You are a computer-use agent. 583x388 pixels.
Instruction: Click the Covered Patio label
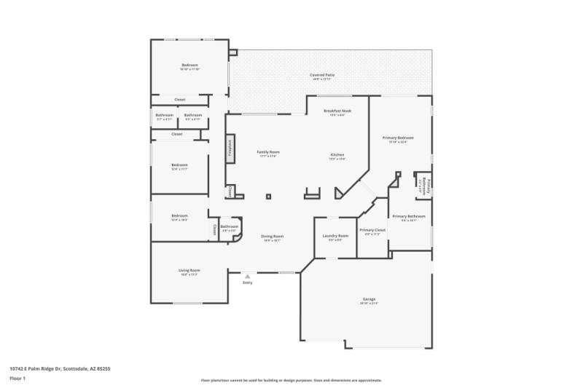coord(321,75)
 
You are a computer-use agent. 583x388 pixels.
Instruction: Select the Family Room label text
coord(268,152)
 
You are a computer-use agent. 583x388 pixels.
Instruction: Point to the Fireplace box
coord(230,149)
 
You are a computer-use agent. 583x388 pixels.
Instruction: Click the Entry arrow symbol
coord(248,277)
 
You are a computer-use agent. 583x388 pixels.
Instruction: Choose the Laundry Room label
coord(335,236)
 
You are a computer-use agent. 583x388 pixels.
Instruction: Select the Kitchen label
coord(337,155)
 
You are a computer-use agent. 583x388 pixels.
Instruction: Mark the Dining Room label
coord(273,237)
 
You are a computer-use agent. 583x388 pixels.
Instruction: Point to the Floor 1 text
coord(18,379)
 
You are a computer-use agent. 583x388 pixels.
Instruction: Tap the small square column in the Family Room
coord(268,196)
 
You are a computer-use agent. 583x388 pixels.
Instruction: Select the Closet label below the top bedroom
coord(179,100)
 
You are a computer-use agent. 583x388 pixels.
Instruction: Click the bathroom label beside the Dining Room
coord(230,227)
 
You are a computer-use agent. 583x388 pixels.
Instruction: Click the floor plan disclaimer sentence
coord(291,380)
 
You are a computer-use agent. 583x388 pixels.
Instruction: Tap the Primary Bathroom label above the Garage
coord(408,216)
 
